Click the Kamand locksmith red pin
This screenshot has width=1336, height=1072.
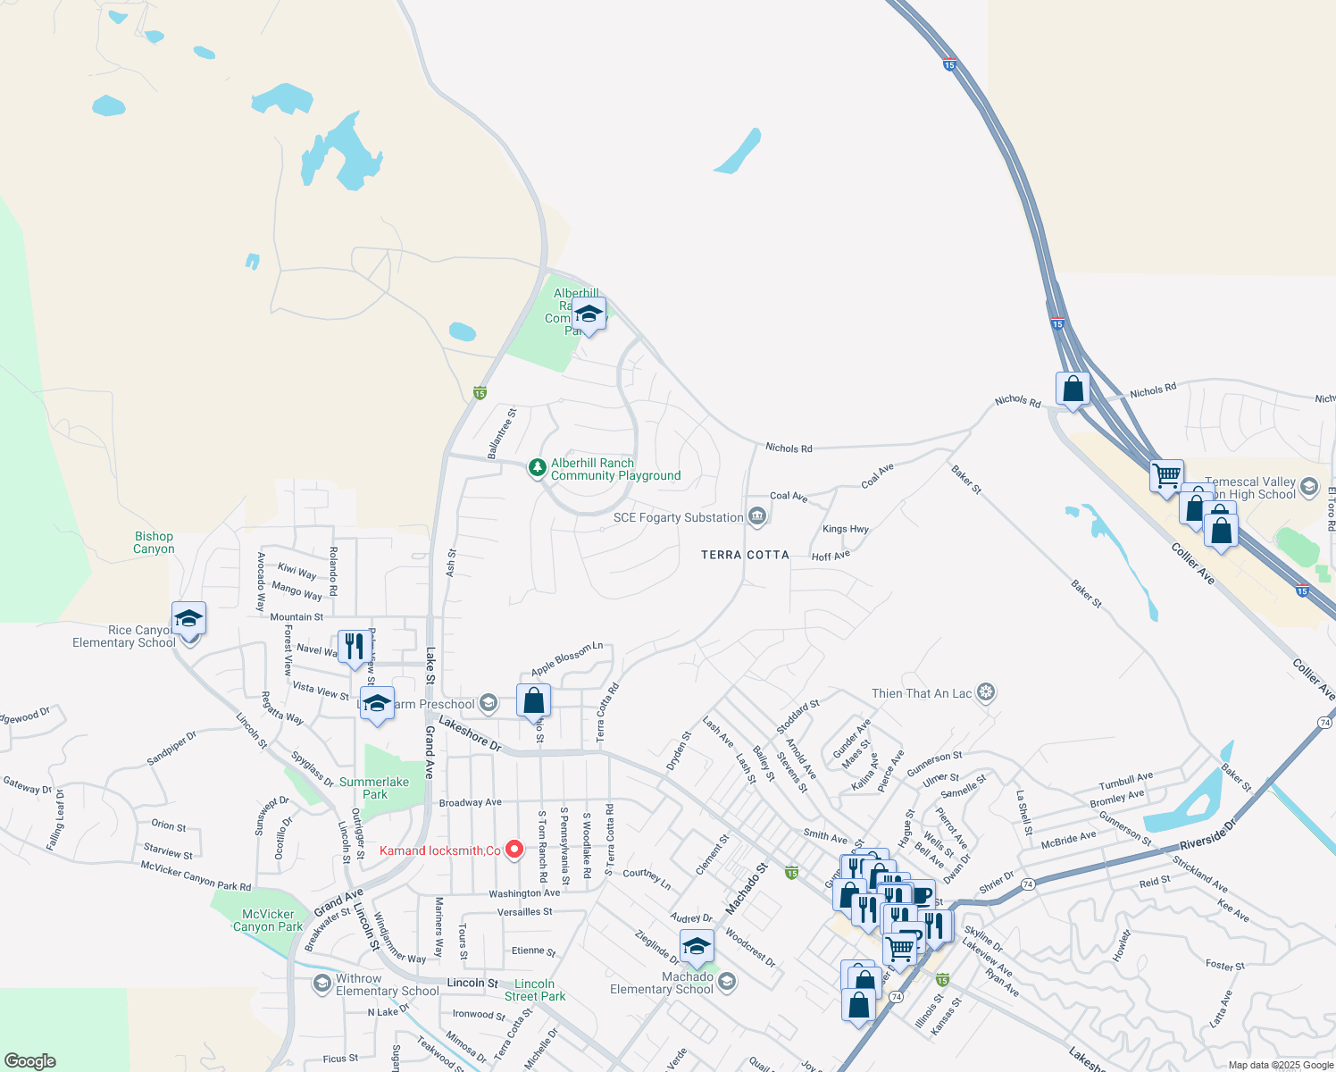pyautogui.click(x=514, y=850)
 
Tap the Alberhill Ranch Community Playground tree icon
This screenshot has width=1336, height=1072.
pyautogui.click(x=537, y=467)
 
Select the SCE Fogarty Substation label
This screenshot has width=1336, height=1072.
pyautogui.click(x=678, y=517)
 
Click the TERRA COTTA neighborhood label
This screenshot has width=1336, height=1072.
pyautogui.click(x=745, y=555)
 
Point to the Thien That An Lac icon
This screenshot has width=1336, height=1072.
pyautogui.click(x=986, y=692)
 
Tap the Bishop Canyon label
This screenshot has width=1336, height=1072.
pyautogui.click(x=154, y=542)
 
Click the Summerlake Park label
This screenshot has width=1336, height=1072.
pyautogui.click(x=374, y=788)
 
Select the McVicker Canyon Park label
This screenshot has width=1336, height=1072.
pyautogui.click(x=268, y=920)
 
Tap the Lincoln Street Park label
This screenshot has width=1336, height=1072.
pyautogui.click(x=535, y=990)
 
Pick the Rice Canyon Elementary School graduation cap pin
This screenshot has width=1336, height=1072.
pyautogui.click(x=189, y=618)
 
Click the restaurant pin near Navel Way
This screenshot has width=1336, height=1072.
pyautogui.click(x=355, y=647)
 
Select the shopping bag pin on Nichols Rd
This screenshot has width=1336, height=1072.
pyautogui.click(x=1073, y=389)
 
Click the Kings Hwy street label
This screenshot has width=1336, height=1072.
pyautogui.click(x=845, y=529)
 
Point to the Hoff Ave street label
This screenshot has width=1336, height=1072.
pyautogui.click(x=831, y=557)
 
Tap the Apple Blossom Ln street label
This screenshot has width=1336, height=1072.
pyautogui.click(x=567, y=659)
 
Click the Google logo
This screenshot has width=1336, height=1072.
pyautogui.click(x=30, y=1061)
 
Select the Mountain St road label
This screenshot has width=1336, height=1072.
pyautogui.click(x=296, y=616)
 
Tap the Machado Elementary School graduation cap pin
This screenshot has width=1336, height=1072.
pyautogui.click(x=697, y=946)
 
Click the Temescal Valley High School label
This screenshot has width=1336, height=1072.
pyautogui.click(x=1250, y=488)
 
